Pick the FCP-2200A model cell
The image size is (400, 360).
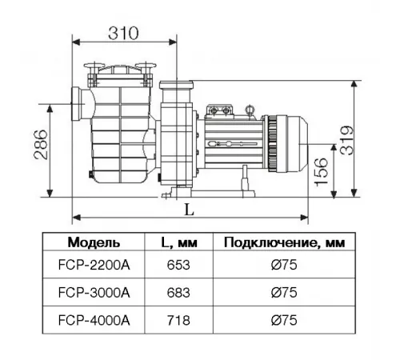tap(94, 265)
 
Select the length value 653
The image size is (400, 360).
tap(178, 265)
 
